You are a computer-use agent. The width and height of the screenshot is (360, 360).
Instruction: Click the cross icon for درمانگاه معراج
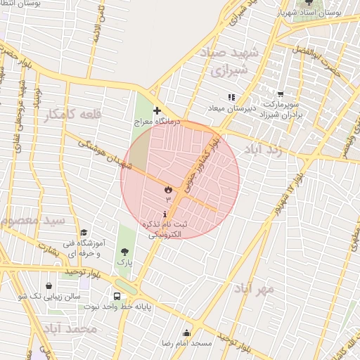[x=156, y=110]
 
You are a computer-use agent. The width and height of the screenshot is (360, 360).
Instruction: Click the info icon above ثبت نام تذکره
[x=165, y=214]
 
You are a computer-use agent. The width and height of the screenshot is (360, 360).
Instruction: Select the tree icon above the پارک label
[x=124, y=251]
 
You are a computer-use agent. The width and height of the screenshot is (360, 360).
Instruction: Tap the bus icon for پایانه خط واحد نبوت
[x=117, y=296]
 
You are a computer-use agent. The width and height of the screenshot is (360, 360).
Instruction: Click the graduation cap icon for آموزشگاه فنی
[x=84, y=233]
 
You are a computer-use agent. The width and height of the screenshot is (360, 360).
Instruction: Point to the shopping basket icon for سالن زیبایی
[x=49, y=286]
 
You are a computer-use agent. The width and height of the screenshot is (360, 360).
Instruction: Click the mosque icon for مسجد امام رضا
[x=187, y=333]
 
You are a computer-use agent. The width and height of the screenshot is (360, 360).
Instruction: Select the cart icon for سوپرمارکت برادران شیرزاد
[x=281, y=94]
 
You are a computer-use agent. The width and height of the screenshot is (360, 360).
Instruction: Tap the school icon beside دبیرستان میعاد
[x=231, y=97]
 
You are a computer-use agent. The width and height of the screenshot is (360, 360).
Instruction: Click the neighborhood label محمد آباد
[x=68, y=328]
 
